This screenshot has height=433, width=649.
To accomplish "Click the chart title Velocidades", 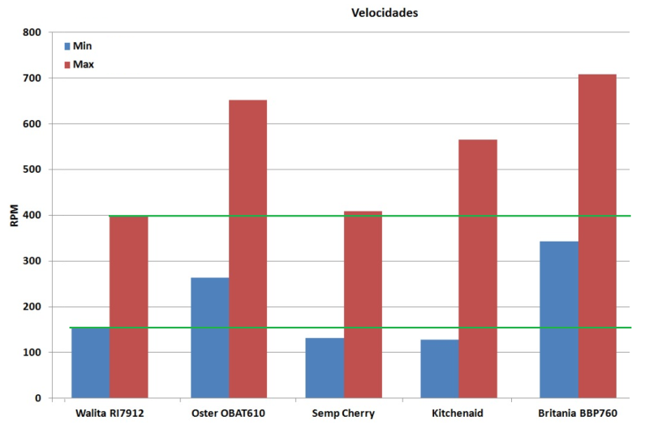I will (384, 13).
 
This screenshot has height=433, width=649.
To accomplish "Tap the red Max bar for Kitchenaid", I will (478, 268).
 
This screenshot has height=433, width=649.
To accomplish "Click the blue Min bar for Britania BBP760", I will (559, 319).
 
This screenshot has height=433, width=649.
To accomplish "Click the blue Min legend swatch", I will (67, 46).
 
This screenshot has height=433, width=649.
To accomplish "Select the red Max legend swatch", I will (67, 64).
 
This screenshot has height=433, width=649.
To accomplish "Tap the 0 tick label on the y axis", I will (37, 398).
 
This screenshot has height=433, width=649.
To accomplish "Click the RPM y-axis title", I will (13, 216).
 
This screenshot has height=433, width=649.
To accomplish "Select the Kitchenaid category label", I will (459, 413).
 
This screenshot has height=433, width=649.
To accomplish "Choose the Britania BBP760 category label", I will (578, 413).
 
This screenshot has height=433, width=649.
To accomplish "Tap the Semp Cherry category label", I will (344, 413).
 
